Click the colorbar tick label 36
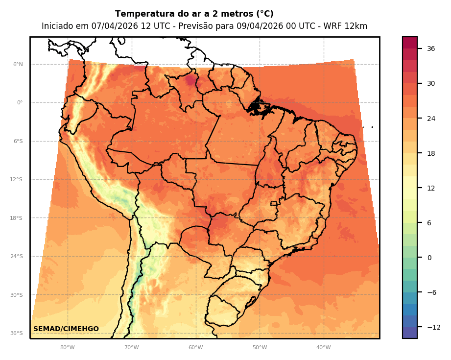click(x=431, y=48)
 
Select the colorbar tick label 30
click(x=431, y=83)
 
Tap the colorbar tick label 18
click(x=431, y=153)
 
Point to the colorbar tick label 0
click(x=429, y=258)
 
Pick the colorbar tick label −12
click(x=433, y=327)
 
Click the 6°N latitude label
click(x=18, y=64)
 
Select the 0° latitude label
click(x=20, y=103)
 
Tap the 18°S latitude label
click(x=17, y=218)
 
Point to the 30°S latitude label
click(x=17, y=295)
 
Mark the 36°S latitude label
click(x=17, y=333)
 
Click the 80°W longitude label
click(x=68, y=348)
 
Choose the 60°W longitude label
click(x=195, y=348)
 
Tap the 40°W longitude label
click(x=323, y=348)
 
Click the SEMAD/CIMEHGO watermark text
click(x=66, y=329)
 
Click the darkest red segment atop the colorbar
click(x=410, y=43)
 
